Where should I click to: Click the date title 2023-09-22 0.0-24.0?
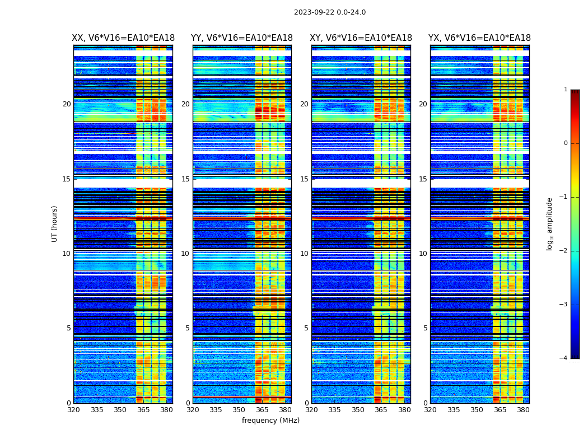click(x=330, y=12)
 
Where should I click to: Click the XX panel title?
click(x=123, y=38)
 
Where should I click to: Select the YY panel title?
click(x=242, y=38)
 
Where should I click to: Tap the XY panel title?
click(x=361, y=38)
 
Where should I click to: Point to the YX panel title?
click(x=479, y=38)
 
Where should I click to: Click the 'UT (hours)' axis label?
click(x=55, y=223)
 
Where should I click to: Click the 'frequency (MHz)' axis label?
click(x=270, y=421)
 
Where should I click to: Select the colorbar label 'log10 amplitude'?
click(x=550, y=223)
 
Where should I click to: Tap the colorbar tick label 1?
click(x=565, y=90)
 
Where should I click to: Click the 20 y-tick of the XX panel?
click(x=67, y=104)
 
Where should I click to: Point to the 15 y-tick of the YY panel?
click(x=185, y=179)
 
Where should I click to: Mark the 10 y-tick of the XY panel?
click(x=304, y=254)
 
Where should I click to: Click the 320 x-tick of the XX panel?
click(x=73, y=410)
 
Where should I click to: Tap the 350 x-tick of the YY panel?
click(x=239, y=410)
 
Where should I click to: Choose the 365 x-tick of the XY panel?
click(x=381, y=410)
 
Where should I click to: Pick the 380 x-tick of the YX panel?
click(x=523, y=410)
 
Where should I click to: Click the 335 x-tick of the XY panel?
click(x=335, y=410)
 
